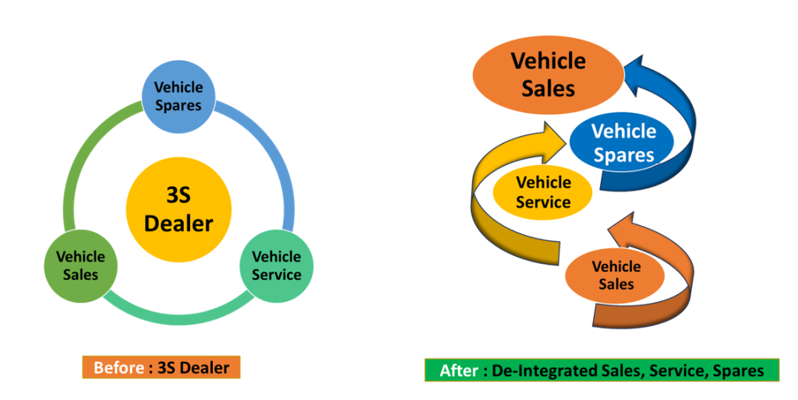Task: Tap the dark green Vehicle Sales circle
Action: point(76,265)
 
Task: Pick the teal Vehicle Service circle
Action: point(276,265)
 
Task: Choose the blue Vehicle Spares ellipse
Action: point(624,143)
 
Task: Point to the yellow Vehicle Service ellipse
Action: point(543,191)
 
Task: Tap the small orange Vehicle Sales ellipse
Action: point(616,275)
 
